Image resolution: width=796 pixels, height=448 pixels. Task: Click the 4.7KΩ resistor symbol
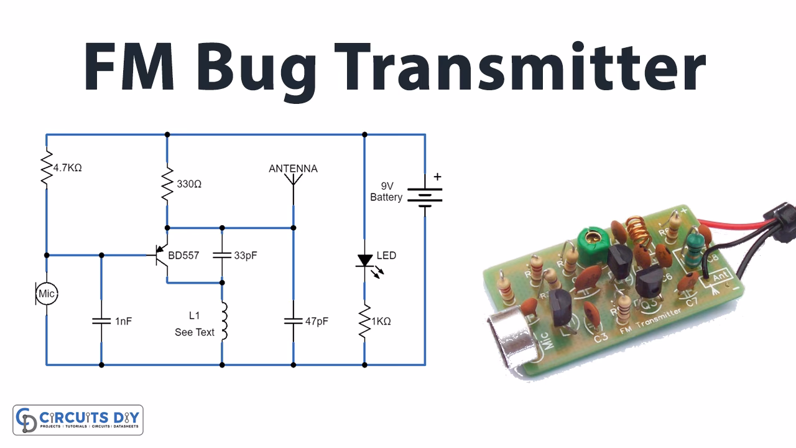(x=46, y=167)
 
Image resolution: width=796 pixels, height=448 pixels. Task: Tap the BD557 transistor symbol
(x=164, y=254)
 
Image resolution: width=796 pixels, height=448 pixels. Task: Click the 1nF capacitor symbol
(x=101, y=320)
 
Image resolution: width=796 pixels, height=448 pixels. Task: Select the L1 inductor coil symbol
(x=223, y=321)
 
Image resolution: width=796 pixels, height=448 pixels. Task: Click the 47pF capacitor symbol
(x=294, y=321)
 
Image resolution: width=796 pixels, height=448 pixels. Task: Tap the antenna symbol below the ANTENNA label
(x=294, y=181)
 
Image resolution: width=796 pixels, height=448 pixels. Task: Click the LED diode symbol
(x=365, y=259)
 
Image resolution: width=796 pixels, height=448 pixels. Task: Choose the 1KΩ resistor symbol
(x=365, y=321)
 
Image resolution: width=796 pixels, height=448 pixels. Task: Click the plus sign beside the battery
(x=437, y=177)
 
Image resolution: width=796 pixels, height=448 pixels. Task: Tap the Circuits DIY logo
(x=78, y=419)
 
